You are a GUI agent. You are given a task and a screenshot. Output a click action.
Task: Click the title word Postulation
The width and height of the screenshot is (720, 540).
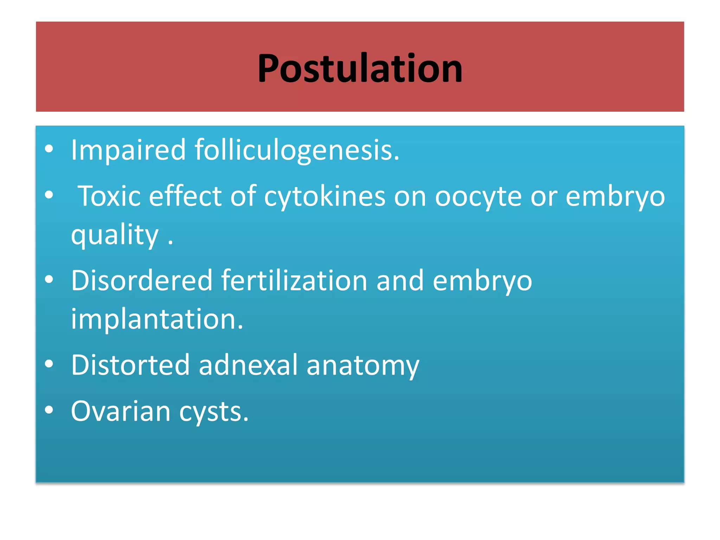coord(360,68)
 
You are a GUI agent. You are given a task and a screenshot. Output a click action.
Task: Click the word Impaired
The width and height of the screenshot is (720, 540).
coord(128,150)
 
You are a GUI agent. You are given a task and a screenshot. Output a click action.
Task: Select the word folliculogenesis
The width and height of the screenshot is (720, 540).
coord(297,150)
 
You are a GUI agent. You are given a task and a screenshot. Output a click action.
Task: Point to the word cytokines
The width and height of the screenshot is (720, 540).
coord(324,196)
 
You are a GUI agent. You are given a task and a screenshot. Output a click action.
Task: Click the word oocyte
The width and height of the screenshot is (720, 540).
coord(478,196)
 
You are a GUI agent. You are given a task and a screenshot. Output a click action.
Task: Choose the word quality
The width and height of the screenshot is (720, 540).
coord(115,235)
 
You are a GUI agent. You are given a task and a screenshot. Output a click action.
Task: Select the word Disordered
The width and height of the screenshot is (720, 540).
coord(142,281)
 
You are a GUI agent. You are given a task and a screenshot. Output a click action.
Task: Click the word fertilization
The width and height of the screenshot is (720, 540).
coord(294,281)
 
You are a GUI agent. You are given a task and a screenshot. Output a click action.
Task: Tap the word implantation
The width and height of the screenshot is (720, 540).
coord(157,319)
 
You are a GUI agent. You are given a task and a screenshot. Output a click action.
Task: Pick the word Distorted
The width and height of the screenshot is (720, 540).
coord(130,365)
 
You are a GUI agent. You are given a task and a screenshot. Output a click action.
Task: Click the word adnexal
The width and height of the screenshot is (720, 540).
coord(248,365)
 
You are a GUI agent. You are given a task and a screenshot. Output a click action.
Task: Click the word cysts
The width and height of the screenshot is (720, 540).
coord(214,412)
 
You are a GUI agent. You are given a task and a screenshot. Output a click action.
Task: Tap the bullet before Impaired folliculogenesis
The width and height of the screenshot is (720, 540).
coord(49,149)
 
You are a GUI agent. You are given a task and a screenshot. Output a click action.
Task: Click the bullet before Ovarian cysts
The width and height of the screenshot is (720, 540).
coord(49,410)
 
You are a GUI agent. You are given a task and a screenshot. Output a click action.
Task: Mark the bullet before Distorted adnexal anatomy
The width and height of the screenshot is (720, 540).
coord(49,364)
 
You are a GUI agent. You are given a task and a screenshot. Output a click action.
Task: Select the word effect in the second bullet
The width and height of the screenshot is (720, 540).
coord(185,196)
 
